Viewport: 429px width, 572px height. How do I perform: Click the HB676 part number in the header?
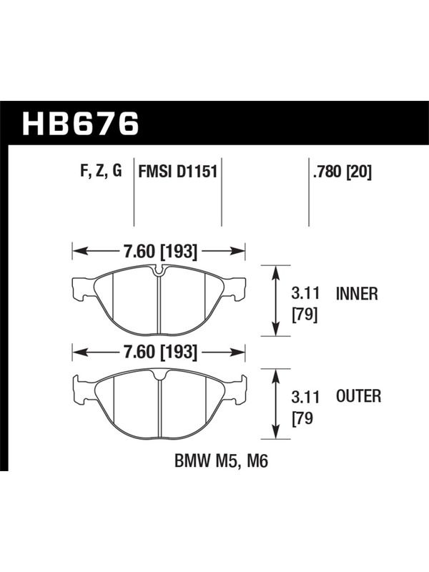coord(81,123)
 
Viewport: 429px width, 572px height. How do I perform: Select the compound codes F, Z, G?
coord(101,171)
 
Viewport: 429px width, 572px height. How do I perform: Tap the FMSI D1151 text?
coord(177,171)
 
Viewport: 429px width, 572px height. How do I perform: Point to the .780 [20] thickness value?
coord(342,172)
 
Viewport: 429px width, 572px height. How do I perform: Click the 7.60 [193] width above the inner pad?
coord(160,252)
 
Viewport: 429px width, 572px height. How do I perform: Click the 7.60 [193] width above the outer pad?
coord(160,352)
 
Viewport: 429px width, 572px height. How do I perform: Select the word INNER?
coord(357,294)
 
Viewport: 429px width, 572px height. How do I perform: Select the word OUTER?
coord(359,396)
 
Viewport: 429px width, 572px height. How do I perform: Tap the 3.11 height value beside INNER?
coord(305,294)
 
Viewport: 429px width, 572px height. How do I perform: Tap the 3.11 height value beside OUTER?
coord(305,397)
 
